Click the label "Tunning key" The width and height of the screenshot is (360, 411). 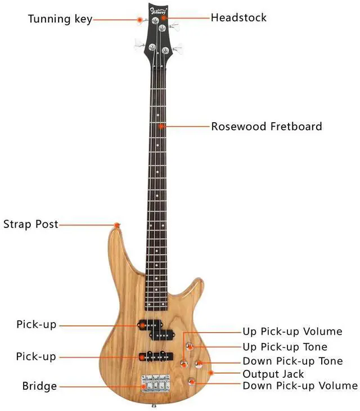60,20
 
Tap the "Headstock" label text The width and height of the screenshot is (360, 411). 238,17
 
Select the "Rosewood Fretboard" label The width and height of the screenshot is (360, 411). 267,126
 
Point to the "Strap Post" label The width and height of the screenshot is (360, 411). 31,224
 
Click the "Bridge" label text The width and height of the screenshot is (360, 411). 39,386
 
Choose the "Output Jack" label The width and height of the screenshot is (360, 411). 273,374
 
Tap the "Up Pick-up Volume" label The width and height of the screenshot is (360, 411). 292,332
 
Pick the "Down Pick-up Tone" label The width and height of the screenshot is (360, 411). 292,361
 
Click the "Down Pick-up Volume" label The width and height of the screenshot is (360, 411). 300,386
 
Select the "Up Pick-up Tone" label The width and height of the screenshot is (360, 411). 285,347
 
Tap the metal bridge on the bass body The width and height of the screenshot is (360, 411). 156,382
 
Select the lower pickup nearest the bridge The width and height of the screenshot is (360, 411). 155,356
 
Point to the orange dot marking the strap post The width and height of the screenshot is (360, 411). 117,225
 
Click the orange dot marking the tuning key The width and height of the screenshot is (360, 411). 140,20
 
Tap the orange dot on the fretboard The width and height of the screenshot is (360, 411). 162,126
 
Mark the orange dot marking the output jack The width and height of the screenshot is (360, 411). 211,372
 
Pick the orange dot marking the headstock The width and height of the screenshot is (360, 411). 163,17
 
